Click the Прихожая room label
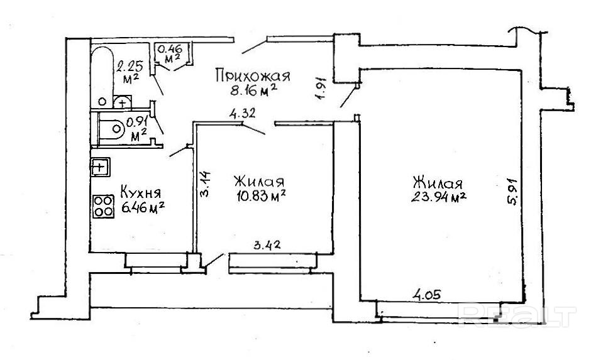click(252, 76)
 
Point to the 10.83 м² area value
click(259, 196)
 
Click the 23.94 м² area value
click(439, 197)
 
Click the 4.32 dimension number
click(242, 114)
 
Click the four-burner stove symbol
click(103, 206)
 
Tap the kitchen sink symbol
click(100, 166)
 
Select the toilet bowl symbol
click(113, 129)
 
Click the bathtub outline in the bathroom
click(101, 72)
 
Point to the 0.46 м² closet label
click(169, 52)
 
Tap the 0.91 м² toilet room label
click(137, 127)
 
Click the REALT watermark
click(516, 314)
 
